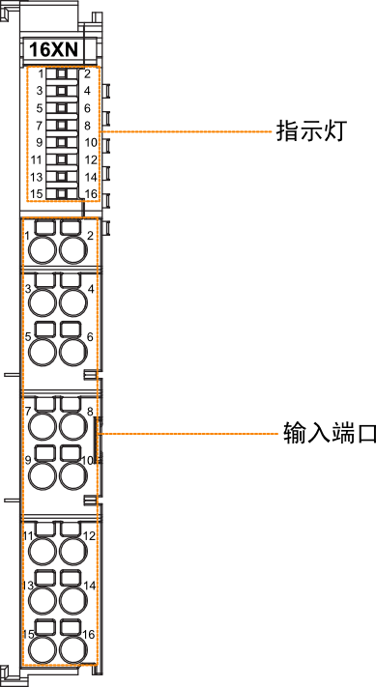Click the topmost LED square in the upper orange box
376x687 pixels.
[62, 74]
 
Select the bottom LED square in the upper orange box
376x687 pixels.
[62, 192]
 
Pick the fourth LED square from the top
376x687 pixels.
[62, 125]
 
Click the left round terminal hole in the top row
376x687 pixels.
[43, 251]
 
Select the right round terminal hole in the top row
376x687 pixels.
[72, 251]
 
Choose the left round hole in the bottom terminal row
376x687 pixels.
[43, 650]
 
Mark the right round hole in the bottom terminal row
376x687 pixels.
[72, 650]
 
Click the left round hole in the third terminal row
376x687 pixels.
[43, 353]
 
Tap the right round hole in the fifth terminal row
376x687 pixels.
[72, 476]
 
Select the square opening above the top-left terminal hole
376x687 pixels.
[44, 229]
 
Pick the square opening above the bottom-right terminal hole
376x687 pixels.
[71, 627]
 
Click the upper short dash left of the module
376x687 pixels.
[11, 374]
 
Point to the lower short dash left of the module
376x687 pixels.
[11, 500]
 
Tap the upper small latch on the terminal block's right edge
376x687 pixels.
[90, 375]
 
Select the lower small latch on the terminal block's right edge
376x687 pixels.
[90, 500]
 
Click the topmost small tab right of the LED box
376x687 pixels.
[106, 91]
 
